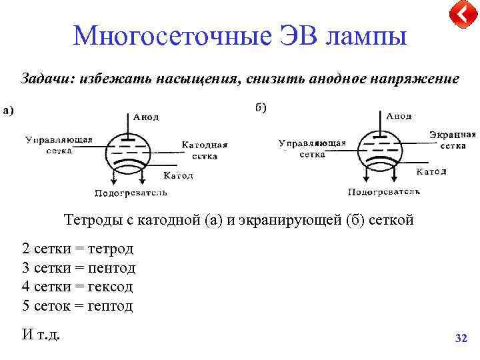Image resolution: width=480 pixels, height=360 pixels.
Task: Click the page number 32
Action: (x=461, y=339)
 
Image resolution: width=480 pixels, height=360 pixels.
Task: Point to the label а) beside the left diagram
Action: (x=10, y=111)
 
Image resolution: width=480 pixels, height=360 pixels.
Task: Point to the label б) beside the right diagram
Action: (x=261, y=108)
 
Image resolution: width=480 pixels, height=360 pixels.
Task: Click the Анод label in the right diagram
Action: (x=399, y=115)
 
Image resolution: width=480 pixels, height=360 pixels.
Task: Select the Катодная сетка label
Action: (x=205, y=150)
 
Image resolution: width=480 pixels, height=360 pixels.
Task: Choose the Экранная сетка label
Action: (x=453, y=139)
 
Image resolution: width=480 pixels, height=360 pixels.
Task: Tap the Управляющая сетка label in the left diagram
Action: (x=59, y=145)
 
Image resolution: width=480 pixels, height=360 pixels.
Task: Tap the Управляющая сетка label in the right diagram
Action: (x=312, y=148)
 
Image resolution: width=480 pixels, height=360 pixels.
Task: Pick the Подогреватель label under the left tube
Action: (x=131, y=193)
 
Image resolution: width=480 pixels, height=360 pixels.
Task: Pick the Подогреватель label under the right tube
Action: (x=384, y=192)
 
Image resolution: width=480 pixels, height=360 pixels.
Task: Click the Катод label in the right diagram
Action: (x=431, y=172)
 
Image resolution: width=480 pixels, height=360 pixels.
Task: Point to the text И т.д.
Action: (x=41, y=334)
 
